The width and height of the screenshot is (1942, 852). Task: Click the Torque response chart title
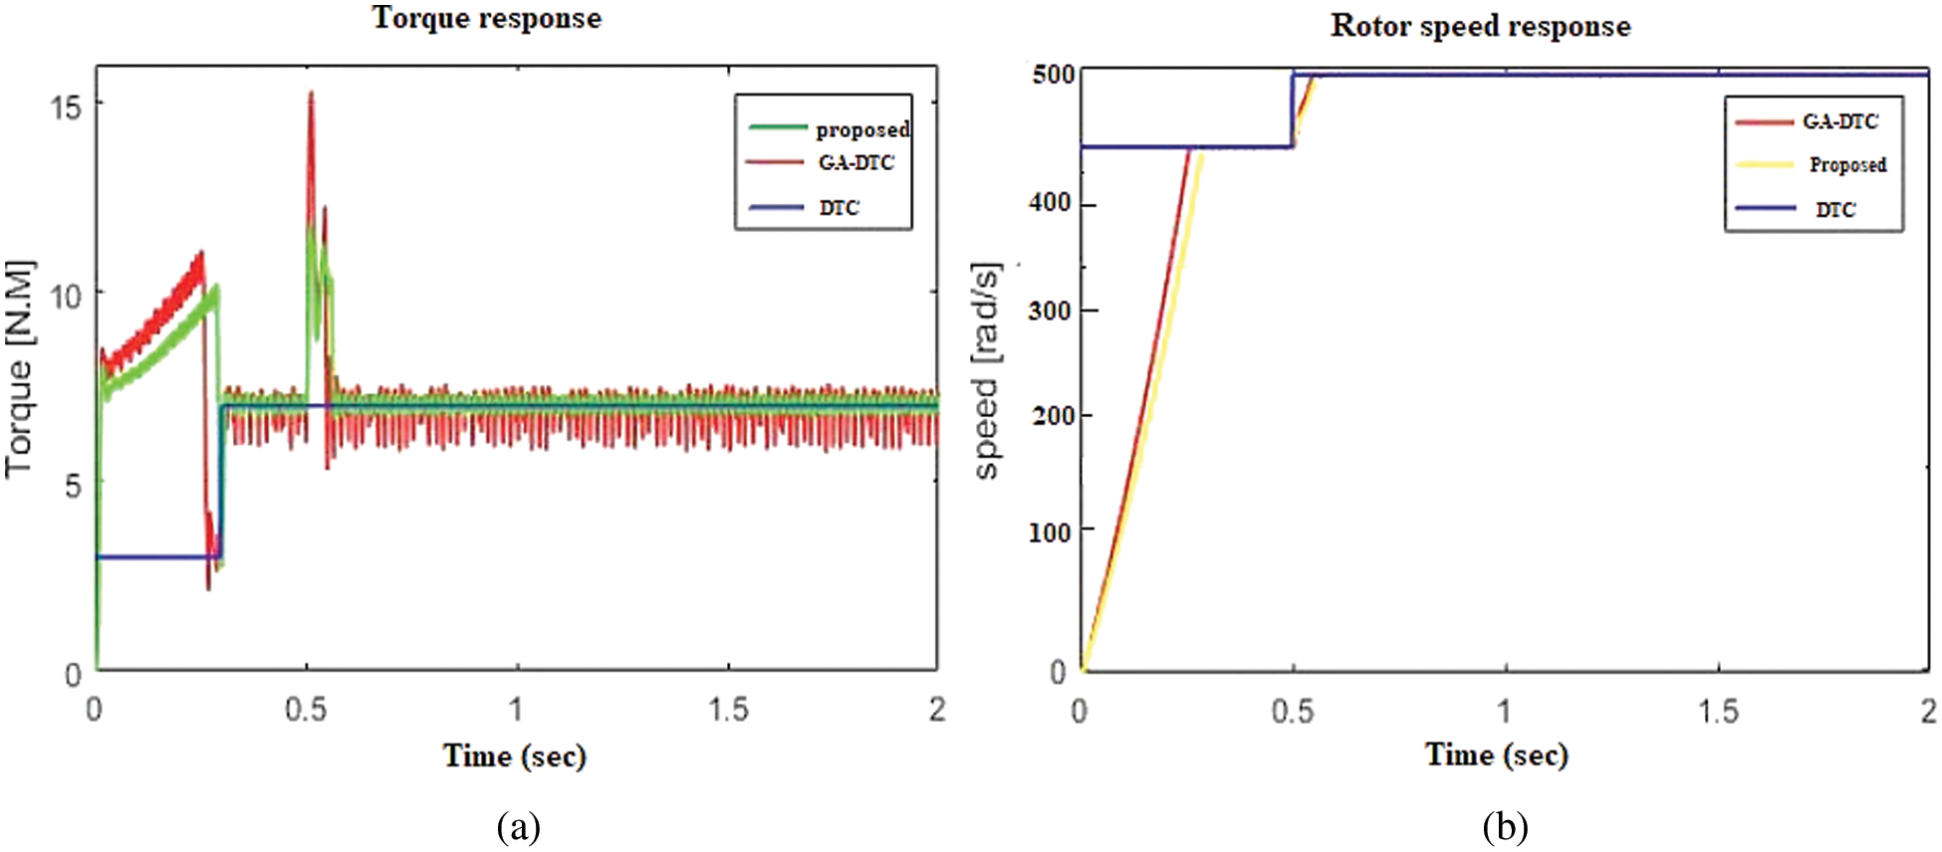coord(486,18)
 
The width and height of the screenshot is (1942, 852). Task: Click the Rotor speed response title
coord(1480,26)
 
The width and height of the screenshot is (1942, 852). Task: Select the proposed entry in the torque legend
coord(861,129)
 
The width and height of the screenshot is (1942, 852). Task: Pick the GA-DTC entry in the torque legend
coord(855,162)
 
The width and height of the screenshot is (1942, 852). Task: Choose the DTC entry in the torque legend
coord(839,207)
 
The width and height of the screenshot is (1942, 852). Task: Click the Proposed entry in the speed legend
coord(1846,164)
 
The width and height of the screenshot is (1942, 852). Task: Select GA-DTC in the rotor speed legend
coord(1839,121)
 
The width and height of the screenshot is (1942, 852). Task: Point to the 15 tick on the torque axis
coord(66,106)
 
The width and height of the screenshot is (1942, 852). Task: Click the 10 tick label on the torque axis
coord(66,296)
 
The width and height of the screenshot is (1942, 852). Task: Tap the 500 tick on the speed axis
coord(1053,76)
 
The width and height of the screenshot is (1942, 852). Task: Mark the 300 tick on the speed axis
coord(1050,311)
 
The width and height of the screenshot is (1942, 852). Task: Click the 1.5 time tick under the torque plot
coord(728,709)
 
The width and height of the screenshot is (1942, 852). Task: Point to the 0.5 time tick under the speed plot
coord(1292,711)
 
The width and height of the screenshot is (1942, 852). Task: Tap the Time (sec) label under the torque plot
coord(514,755)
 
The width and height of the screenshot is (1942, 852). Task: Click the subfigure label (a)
coord(518,826)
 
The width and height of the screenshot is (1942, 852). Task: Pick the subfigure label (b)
coord(1504,826)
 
